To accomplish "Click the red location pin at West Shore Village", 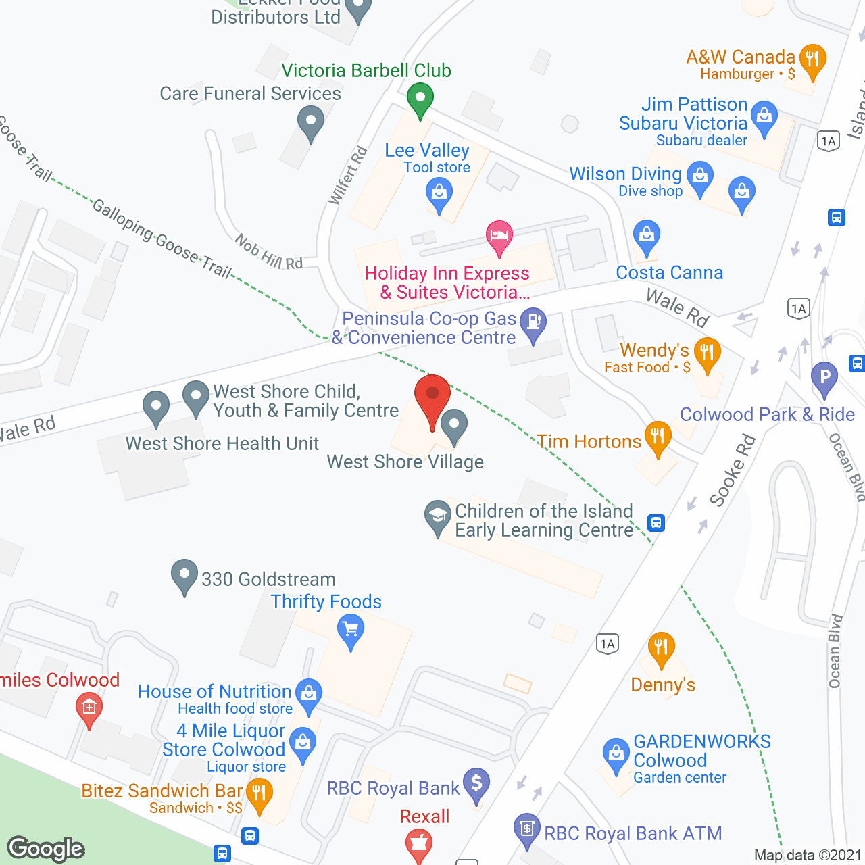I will coord(432,395).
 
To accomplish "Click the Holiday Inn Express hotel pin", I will coord(499,237).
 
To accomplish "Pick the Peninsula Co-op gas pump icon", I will coord(533,323).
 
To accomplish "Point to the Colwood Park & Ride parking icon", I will coord(824,378).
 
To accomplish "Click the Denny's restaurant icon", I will coord(661,648).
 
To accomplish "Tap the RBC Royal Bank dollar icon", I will coord(476,784).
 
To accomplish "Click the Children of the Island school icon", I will coord(437,516).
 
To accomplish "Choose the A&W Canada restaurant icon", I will coord(812,60).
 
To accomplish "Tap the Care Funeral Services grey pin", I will coord(310,124).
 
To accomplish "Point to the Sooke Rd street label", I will coord(732,471).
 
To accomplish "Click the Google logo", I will coord(46,849).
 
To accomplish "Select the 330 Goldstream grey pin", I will coord(184,575).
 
